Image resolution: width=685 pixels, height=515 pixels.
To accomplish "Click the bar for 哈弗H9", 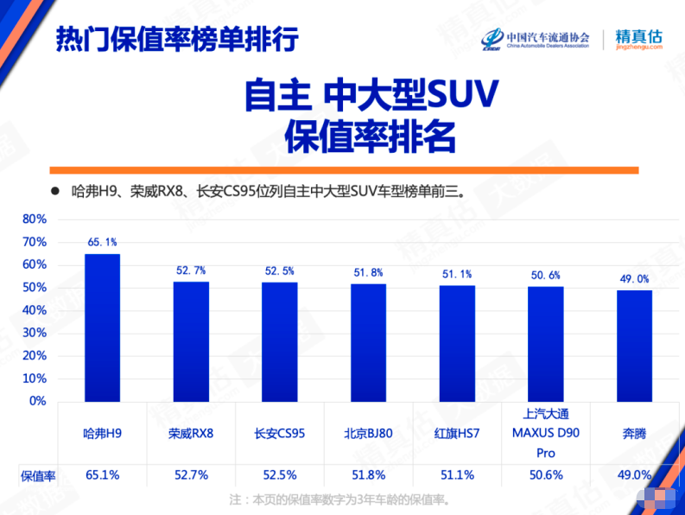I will [103, 327].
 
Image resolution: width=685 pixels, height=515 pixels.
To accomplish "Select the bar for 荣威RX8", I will [191, 341].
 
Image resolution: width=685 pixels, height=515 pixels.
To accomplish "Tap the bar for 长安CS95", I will [280, 341].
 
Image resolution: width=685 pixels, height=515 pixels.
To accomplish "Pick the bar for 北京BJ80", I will [368, 342].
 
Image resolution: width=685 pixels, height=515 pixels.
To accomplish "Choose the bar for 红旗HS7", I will [457, 343].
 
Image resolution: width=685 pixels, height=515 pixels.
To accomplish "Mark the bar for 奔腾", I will [634, 346].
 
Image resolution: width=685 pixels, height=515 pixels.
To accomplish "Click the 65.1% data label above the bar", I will [103, 243].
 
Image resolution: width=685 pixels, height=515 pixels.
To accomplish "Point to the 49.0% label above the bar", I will [634, 279].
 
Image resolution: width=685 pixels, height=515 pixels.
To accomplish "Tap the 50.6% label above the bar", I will [545, 276].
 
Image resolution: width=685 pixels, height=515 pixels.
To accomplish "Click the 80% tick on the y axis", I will [34, 219].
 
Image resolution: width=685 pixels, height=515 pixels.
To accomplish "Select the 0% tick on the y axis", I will [37, 401].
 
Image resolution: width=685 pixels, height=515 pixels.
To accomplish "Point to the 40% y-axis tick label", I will [34, 310].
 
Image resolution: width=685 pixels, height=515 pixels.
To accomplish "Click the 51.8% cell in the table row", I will [368, 474].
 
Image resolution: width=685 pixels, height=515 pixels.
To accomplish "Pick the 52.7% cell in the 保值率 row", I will [191, 474].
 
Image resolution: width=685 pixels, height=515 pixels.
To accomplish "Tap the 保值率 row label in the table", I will [38, 474].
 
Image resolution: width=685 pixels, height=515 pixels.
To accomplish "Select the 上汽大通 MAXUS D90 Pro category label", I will [545, 433].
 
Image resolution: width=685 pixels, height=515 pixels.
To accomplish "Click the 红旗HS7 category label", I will [457, 433].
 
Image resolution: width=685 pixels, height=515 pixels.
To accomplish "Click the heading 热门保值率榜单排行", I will [176, 39].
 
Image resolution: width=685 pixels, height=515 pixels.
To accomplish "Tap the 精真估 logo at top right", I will [638, 40].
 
